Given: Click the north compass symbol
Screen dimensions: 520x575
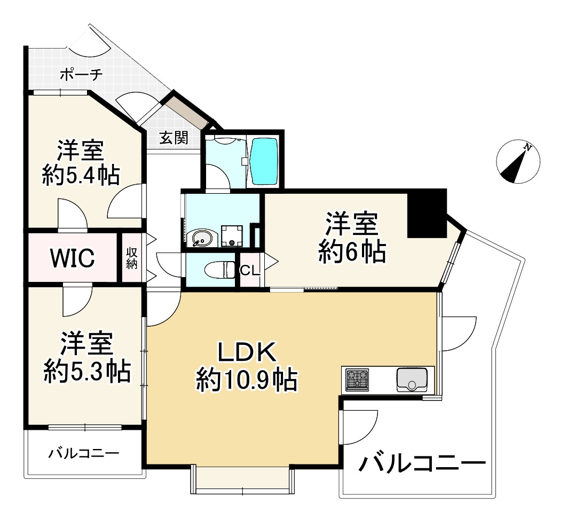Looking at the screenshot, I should pyautogui.click(x=518, y=161).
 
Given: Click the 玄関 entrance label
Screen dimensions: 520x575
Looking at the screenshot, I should pyautogui.click(x=174, y=138).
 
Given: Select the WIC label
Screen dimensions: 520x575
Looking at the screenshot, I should pyautogui.click(x=73, y=258).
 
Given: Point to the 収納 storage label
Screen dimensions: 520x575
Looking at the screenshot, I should pyautogui.click(x=131, y=258).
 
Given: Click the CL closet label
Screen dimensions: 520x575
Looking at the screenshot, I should pyautogui.click(x=250, y=271).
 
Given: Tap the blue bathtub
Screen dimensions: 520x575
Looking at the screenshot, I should pyautogui.click(x=264, y=161).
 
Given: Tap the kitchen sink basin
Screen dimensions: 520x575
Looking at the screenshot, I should pyautogui.click(x=412, y=380).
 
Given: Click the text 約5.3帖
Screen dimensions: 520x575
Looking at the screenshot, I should pyautogui.click(x=87, y=371).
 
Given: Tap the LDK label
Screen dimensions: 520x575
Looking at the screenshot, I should pyautogui.click(x=246, y=352).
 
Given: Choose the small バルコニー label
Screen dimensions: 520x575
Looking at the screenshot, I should pyautogui.click(x=84, y=454).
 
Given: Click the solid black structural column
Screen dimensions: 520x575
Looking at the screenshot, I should pyautogui.click(x=427, y=214).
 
